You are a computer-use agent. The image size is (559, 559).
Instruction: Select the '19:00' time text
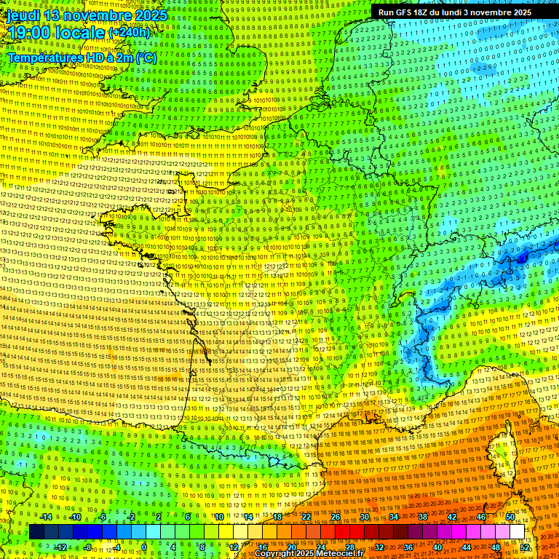[x=30, y=32]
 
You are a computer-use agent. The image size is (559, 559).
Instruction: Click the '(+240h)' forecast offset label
[x=130, y=32]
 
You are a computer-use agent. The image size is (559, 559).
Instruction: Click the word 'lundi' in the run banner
[x=473, y=12]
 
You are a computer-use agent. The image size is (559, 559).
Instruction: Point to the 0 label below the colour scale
[x=144, y=547]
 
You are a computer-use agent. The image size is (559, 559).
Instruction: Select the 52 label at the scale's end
[x=525, y=547]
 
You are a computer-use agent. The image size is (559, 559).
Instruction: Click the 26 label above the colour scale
[x=336, y=517]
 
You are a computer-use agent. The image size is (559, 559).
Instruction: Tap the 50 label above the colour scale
[x=510, y=517]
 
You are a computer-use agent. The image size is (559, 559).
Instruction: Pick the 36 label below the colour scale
[x=408, y=547]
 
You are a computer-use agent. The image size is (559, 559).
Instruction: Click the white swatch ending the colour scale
[x=517, y=532]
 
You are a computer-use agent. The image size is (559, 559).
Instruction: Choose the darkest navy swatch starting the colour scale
[x=37, y=532]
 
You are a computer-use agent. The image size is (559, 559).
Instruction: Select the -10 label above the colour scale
[x=74, y=517]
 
